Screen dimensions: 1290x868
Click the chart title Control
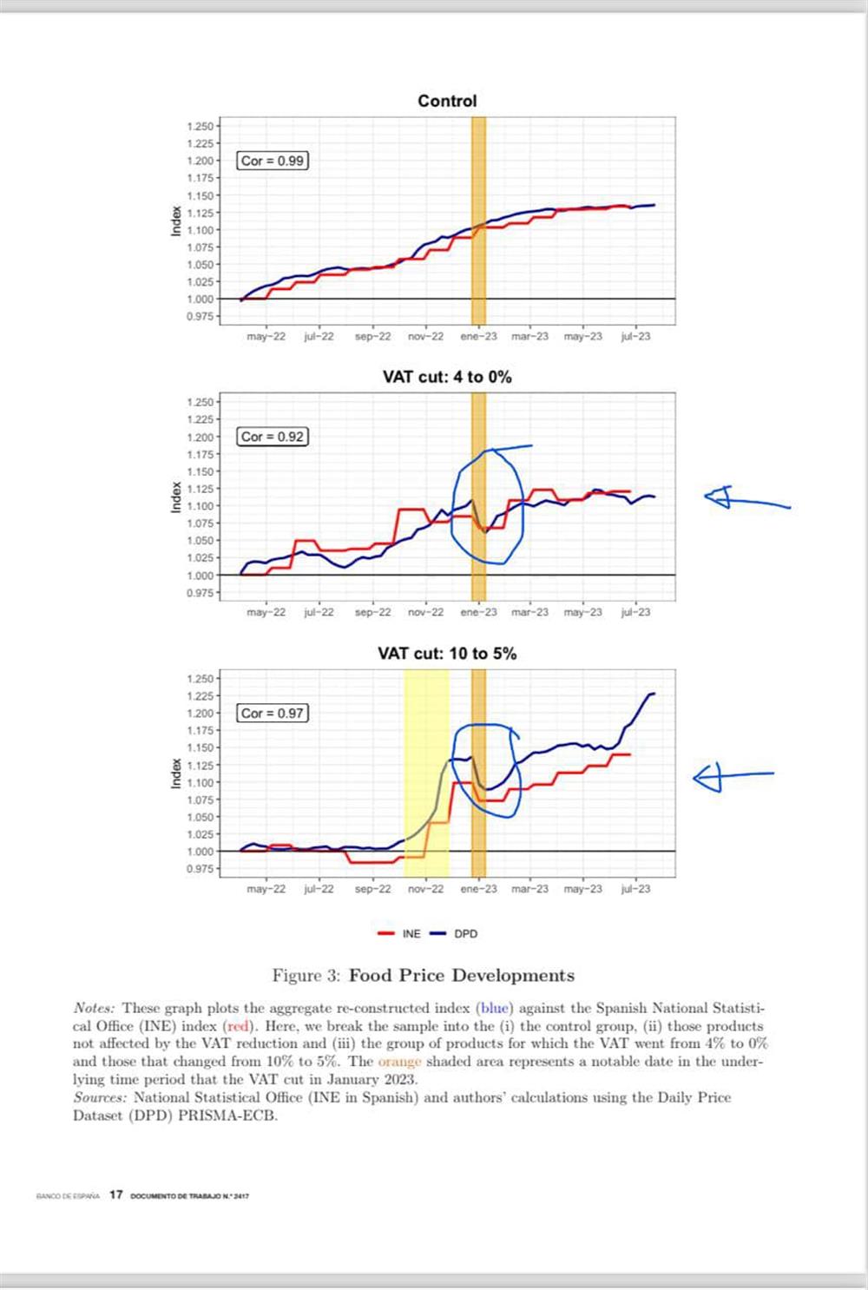coord(447,101)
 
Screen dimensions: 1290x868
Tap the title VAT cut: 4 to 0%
coord(447,377)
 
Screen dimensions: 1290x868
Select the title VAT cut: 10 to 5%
coord(447,654)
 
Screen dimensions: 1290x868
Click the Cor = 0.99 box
coord(273,161)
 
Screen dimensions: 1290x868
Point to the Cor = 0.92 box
coord(273,437)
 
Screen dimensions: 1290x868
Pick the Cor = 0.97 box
coord(273,713)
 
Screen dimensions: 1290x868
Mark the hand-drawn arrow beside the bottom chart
coord(731,776)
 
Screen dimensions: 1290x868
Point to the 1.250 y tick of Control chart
coord(200,127)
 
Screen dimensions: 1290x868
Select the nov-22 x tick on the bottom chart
coord(425,889)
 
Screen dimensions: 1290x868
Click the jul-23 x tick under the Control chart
coord(635,337)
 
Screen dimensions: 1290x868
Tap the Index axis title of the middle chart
coord(176,497)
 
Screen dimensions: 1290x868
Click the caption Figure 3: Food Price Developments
coord(424,975)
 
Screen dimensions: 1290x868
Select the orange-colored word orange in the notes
coord(399,1062)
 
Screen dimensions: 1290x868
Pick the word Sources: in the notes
coord(100,1097)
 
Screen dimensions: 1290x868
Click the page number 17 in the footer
coord(115,1195)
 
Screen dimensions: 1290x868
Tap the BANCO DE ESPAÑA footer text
coord(68,1196)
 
